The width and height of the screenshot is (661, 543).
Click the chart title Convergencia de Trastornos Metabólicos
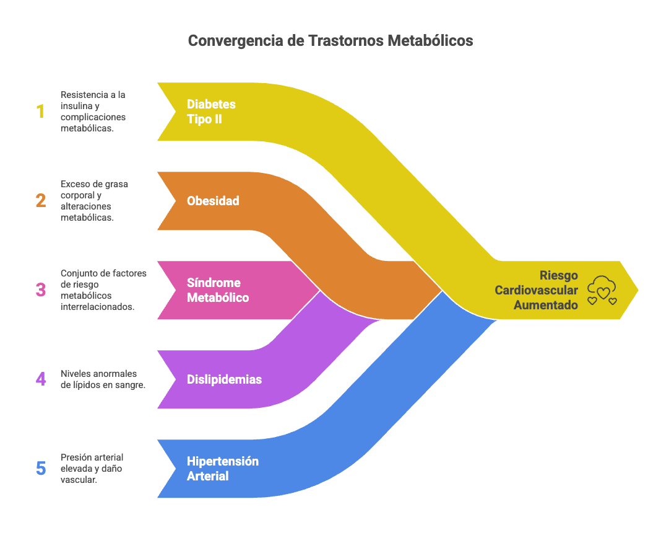pos(330,41)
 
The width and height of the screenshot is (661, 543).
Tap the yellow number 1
pos(40,112)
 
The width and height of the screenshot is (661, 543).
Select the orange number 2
pos(40,201)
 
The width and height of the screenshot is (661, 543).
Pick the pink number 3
pos(40,290)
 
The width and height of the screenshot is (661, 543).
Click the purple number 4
pos(40,379)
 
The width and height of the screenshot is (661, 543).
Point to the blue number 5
pos(40,468)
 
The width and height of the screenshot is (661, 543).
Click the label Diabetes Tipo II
pos(211,112)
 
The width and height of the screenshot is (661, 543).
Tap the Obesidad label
pos(213,201)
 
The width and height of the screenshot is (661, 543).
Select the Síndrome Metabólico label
pos(218,290)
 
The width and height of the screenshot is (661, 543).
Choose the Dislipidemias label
pos(224,379)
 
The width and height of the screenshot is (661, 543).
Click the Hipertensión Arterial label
pos(222,469)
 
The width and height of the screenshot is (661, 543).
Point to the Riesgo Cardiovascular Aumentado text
pos(537,290)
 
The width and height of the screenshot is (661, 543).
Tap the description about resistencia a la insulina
pos(92,112)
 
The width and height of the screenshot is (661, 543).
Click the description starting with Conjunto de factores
pos(103,290)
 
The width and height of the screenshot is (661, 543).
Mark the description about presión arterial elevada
pos(92,469)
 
